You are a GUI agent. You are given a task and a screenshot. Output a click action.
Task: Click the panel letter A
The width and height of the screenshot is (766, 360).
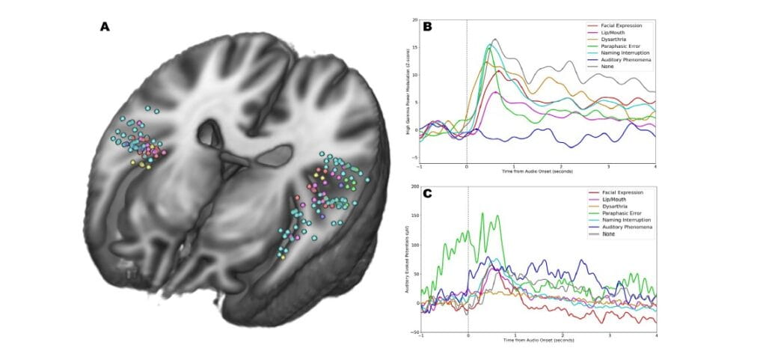[x=105, y=27]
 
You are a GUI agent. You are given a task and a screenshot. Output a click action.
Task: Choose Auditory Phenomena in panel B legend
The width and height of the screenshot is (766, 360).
[x=625, y=61]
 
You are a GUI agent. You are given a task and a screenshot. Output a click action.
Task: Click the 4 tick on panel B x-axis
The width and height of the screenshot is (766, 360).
[x=655, y=167]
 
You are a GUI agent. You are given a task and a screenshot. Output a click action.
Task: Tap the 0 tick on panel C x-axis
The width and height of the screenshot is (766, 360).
[x=468, y=337]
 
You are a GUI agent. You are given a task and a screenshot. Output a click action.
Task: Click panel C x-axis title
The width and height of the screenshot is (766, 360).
[x=537, y=342]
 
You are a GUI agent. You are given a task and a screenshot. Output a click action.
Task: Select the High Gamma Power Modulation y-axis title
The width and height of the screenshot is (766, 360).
[x=408, y=90]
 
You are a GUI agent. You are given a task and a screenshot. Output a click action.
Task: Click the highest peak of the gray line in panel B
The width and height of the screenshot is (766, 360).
[x=494, y=39]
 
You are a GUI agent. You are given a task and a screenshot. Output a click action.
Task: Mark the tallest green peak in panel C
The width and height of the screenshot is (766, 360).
[x=482, y=213]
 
